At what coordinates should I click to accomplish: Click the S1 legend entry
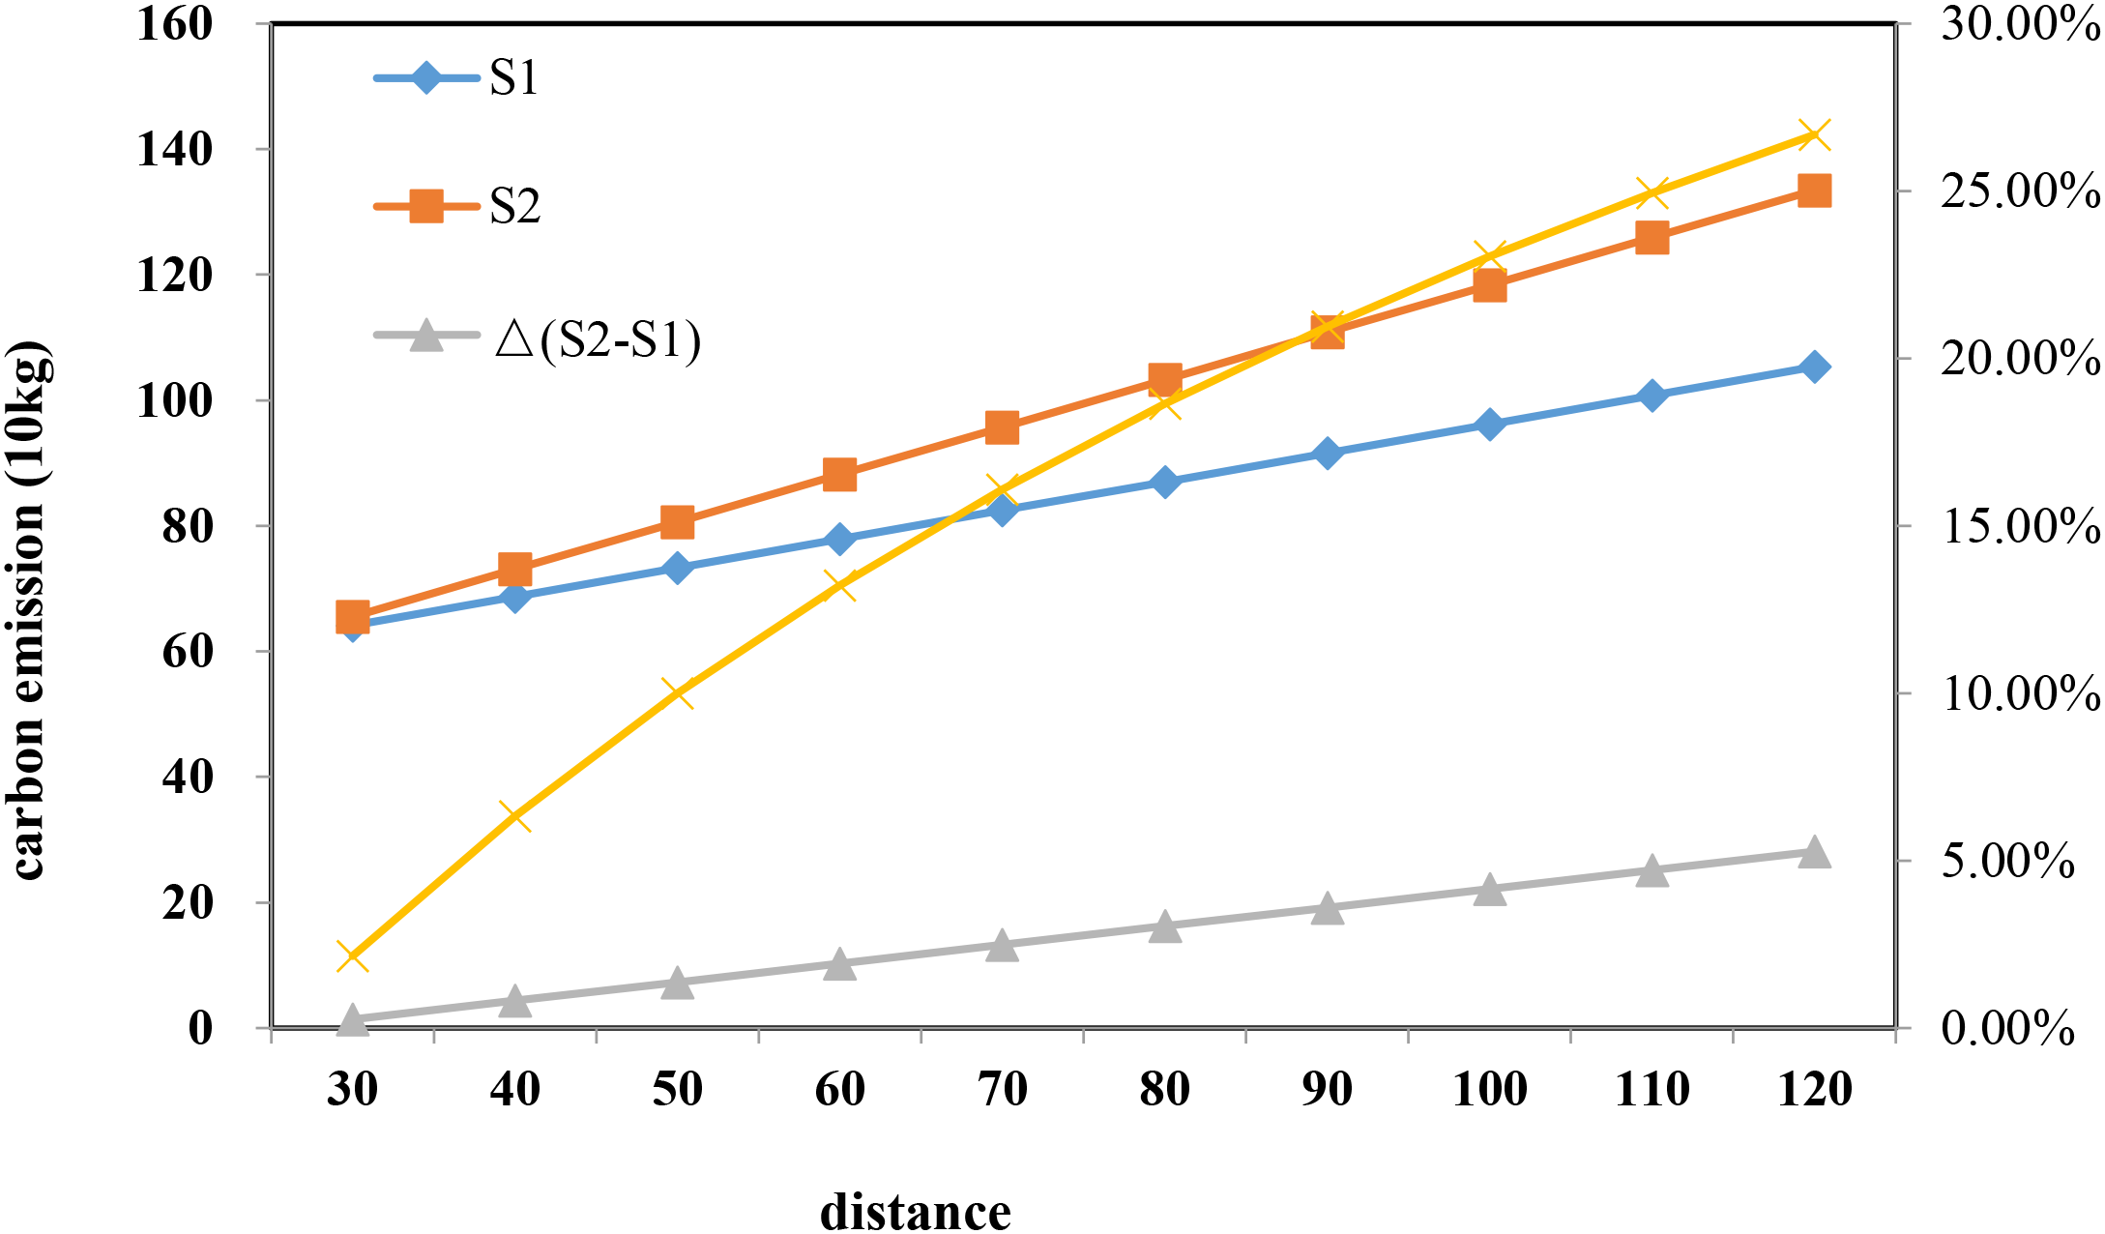456,77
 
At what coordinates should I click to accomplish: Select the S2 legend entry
456,206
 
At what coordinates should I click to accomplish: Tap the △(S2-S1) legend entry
537,338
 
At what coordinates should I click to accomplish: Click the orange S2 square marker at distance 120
1814,191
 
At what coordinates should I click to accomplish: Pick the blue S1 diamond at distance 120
1814,367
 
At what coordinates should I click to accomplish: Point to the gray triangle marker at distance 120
1814,853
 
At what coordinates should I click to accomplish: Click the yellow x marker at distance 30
352,955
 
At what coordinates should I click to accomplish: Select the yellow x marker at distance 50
678,693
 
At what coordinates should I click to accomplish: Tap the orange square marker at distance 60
839,474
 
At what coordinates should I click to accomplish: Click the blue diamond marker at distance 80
1165,482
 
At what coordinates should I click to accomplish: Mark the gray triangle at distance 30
352,1020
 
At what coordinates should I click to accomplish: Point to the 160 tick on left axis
174,24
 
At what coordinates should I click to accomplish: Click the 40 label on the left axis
187,777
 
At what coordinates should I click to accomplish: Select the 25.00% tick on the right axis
2019,191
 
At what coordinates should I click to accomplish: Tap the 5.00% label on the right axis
2007,861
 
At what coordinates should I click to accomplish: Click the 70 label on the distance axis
1002,1090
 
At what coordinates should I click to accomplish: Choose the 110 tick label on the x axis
1652,1090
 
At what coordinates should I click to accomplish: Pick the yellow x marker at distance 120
1814,135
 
